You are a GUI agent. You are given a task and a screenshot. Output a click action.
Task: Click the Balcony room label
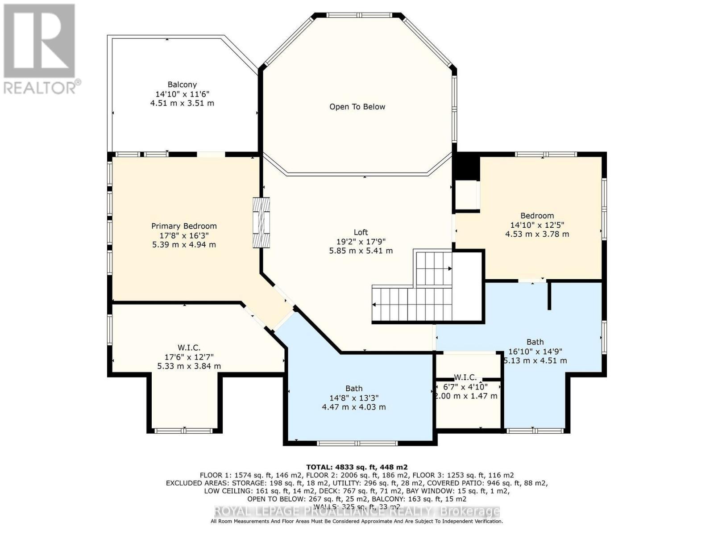click(x=182, y=84)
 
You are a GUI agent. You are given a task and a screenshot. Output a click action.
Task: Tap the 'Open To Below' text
click(x=357, y=107)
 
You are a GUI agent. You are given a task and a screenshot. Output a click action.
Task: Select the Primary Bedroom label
click(x=184, y=226)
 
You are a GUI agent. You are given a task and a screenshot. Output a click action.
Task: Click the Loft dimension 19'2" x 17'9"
click(x=361, y=242)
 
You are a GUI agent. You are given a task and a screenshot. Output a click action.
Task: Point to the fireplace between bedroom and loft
click(x=261, y=222)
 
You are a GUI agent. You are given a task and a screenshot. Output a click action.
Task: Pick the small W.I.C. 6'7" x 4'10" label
click(x=465, y=387)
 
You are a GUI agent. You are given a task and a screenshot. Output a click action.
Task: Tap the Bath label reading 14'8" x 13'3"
click(x=354, y=398)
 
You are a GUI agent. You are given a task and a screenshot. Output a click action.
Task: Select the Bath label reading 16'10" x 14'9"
click(x=535, y=352)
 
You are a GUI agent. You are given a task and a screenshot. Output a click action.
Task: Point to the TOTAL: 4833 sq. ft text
click(x=357, y=467)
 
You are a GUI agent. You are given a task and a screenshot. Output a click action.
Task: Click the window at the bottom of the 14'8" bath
click(x=357, y=443)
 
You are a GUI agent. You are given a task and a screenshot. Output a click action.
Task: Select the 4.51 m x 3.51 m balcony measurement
click(x=182, y=103)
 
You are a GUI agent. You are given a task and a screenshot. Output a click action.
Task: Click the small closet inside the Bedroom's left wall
click(x=466, y=196)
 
